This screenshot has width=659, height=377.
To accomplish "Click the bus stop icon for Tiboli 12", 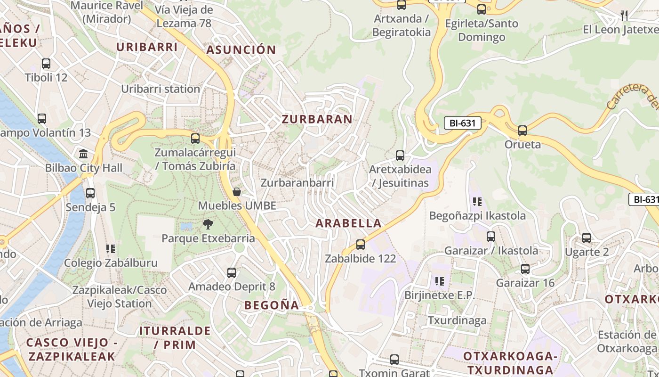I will click(x=46, y=64).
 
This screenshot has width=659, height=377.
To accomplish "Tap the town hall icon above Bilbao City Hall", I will click(x=84, y=154).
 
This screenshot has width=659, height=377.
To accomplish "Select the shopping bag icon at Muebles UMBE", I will click(x=237, y=191).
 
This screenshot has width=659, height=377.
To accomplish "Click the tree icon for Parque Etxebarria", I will click(x=208, y=224).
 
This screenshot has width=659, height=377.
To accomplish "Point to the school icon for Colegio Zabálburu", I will click(x=111, y=248).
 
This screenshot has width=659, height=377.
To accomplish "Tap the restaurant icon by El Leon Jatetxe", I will click(x=624, y=15).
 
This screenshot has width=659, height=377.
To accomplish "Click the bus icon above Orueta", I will click(x=522, y=130).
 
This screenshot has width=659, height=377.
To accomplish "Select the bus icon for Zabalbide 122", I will click(x=361, y=244).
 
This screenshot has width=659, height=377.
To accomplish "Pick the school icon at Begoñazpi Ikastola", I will click(x=477, y=202).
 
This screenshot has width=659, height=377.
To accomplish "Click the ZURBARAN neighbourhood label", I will click(x=317, y=119).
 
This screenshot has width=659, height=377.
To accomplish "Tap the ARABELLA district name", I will click(x=348, y=223).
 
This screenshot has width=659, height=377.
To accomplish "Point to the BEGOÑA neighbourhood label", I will click(x=272, y=305).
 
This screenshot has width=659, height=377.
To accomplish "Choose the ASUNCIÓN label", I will click(x=241, y=49).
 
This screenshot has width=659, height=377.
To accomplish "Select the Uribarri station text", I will click(x=161, y=89).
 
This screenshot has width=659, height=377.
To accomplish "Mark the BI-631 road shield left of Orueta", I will click(x=463, y=123).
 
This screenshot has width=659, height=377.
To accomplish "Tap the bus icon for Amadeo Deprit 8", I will click(x=232, y=272).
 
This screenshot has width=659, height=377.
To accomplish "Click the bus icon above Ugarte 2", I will click(x=587, y=238).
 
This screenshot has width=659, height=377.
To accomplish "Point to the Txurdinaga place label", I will click(x=457, y=320).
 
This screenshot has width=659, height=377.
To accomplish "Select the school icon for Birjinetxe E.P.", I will click(x=440, y=281).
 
